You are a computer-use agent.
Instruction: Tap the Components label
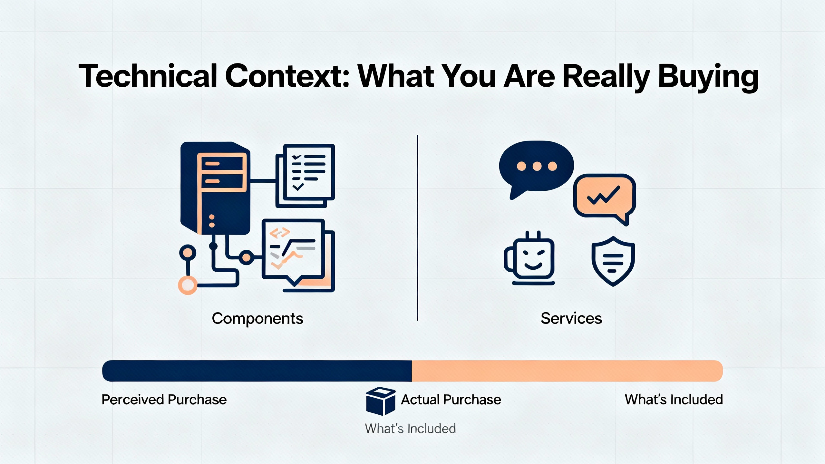257,319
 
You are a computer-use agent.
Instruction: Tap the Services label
571,318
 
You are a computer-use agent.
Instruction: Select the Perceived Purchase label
164,400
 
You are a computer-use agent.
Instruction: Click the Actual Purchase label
451,400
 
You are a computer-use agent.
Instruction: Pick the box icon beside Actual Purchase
381,401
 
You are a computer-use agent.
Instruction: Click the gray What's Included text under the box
410,429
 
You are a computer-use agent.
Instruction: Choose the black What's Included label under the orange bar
674,400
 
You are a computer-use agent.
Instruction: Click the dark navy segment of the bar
257,371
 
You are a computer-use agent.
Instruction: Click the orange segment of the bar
567,371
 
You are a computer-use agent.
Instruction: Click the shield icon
613,261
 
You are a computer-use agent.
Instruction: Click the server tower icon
215,188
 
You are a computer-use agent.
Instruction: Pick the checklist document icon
305,176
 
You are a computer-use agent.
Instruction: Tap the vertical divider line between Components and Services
418,228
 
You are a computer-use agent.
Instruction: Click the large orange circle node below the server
188,285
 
